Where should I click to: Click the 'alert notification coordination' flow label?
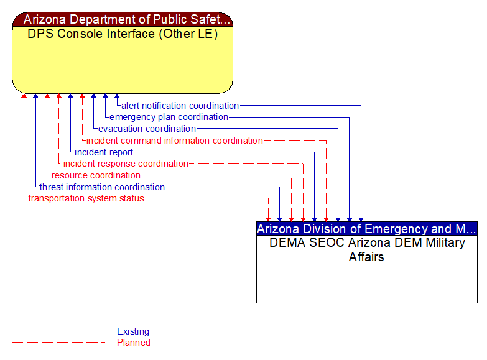180,106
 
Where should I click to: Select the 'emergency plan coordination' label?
169,117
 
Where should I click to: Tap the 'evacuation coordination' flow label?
147,129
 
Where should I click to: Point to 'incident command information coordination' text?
174,141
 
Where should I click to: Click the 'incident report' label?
104,152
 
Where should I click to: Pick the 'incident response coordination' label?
126,164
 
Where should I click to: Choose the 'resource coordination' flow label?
96,175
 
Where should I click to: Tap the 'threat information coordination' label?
102,187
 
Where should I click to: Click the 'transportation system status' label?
86,198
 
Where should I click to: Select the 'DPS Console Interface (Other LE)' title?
123,34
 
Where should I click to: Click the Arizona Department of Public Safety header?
123,19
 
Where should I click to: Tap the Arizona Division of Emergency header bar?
367,228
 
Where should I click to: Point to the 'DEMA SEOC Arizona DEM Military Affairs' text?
367,249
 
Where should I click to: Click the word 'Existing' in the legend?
133,331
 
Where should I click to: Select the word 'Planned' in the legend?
134,342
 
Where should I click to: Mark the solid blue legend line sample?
58,331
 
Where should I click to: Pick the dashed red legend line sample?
58,342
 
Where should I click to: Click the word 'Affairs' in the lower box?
366,257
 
